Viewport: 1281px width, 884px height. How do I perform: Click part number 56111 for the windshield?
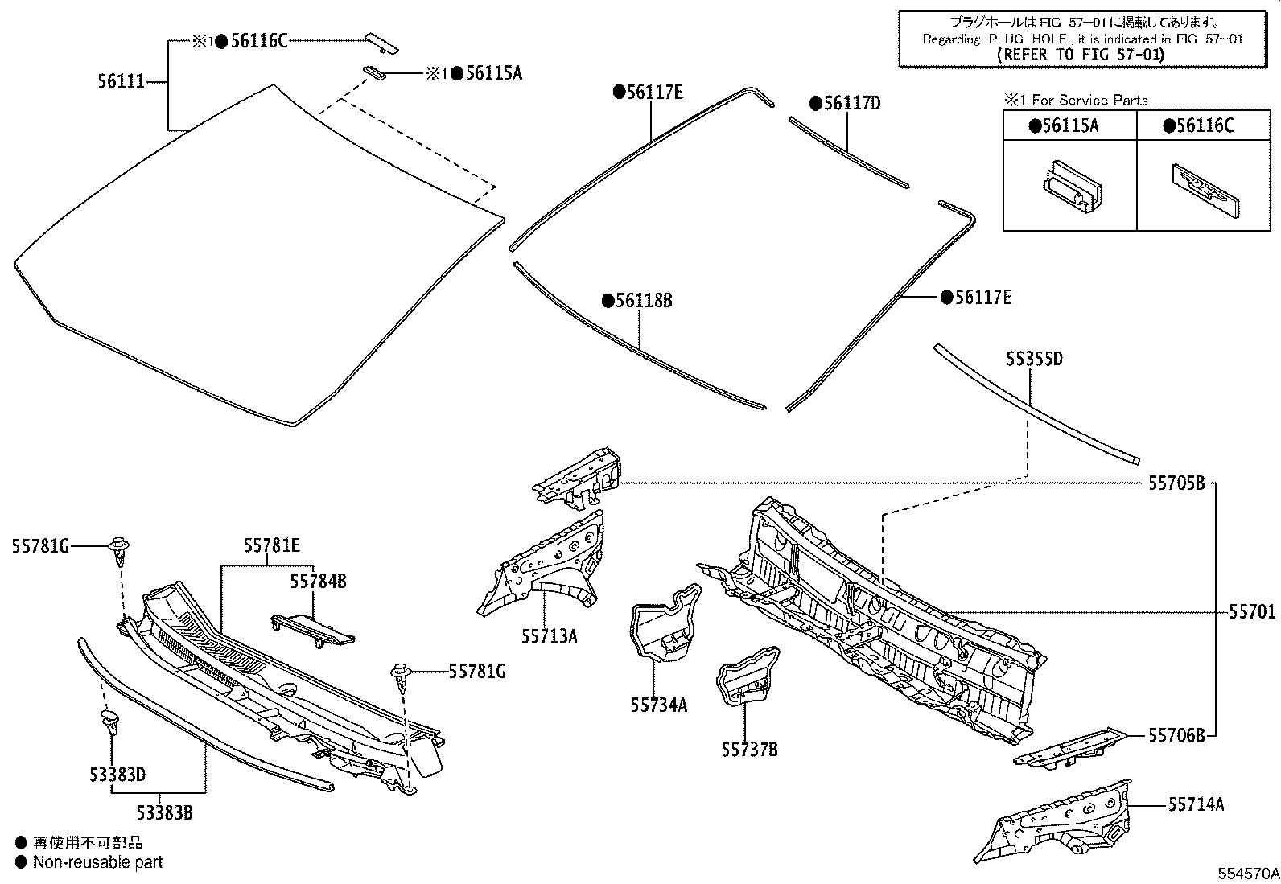click(121, 81)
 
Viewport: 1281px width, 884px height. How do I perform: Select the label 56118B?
click(643, 301)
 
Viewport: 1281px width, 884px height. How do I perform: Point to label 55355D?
click(1034, 359)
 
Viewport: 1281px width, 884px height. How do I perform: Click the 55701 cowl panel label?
click(1251, 612)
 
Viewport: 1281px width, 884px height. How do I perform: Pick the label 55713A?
click(549, 636)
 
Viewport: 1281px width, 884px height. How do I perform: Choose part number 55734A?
click(659, 705)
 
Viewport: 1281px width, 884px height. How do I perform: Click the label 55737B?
click(749, 750)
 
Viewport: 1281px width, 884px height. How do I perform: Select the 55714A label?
click(1197, 804)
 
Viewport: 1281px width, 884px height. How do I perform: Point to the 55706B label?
click(1176, 735)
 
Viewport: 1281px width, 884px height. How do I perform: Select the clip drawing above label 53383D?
click(109, 722)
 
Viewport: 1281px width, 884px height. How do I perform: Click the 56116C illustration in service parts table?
click(1204, 191)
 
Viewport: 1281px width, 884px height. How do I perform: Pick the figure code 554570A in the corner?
click(1246, 874)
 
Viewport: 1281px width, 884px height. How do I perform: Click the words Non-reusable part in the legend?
click(97, 862)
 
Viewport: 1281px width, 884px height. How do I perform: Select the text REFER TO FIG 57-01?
click(1080, 55)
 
